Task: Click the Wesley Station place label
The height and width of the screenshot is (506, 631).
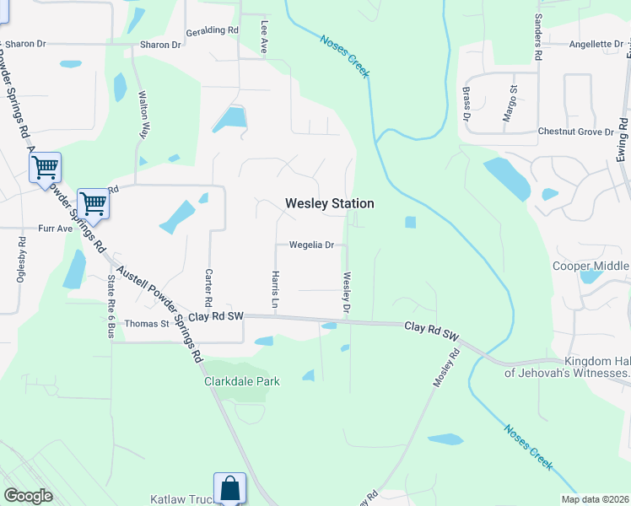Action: pos(329,203)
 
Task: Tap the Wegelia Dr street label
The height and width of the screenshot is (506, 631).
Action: pos(312,245)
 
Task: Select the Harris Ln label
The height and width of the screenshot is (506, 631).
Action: pos(274,288)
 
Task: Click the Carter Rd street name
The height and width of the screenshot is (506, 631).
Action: pos(208,288)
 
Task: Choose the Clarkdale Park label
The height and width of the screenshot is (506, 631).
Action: pos(242,381)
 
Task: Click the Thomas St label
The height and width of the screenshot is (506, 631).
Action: pos(147,323)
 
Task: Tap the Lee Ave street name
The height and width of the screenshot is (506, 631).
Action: pos(264,38)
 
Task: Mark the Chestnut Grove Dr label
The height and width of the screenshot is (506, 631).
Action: pos(575,132)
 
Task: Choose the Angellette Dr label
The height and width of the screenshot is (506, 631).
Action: pos(596,44)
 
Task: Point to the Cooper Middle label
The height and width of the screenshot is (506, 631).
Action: pos(591,266)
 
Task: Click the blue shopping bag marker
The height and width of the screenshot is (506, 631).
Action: pos(229,489)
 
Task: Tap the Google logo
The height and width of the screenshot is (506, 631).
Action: pos(28,496)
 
